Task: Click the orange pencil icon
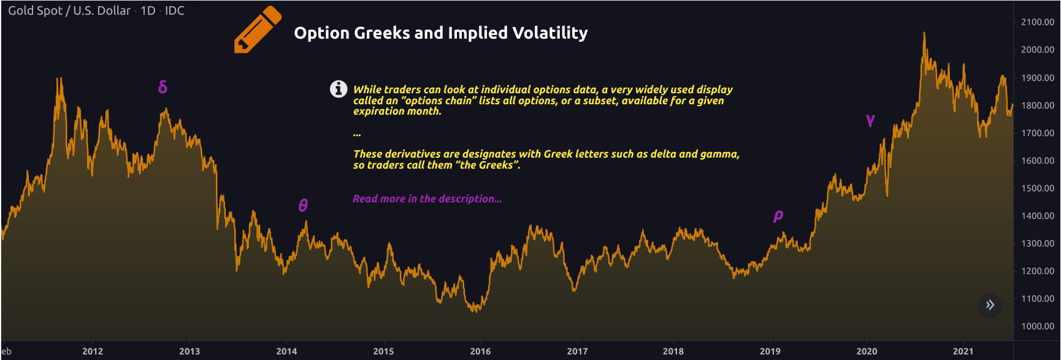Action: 257,29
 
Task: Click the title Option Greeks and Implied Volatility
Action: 440,33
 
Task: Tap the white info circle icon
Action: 339,89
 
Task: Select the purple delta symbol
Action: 163,87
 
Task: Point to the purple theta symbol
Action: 303,205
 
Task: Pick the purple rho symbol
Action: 778,215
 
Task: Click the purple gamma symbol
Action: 870,120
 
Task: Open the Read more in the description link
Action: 427,199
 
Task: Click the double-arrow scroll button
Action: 990,305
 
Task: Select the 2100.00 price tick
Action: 1037,22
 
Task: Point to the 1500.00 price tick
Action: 1037,188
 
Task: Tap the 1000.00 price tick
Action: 1037,326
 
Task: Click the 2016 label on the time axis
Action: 480,351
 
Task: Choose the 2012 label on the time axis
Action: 93,351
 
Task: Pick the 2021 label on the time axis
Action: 963,351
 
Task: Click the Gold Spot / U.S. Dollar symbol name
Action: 69,11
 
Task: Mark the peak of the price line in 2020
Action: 924,33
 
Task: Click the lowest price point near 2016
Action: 476,311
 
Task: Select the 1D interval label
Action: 148,11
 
